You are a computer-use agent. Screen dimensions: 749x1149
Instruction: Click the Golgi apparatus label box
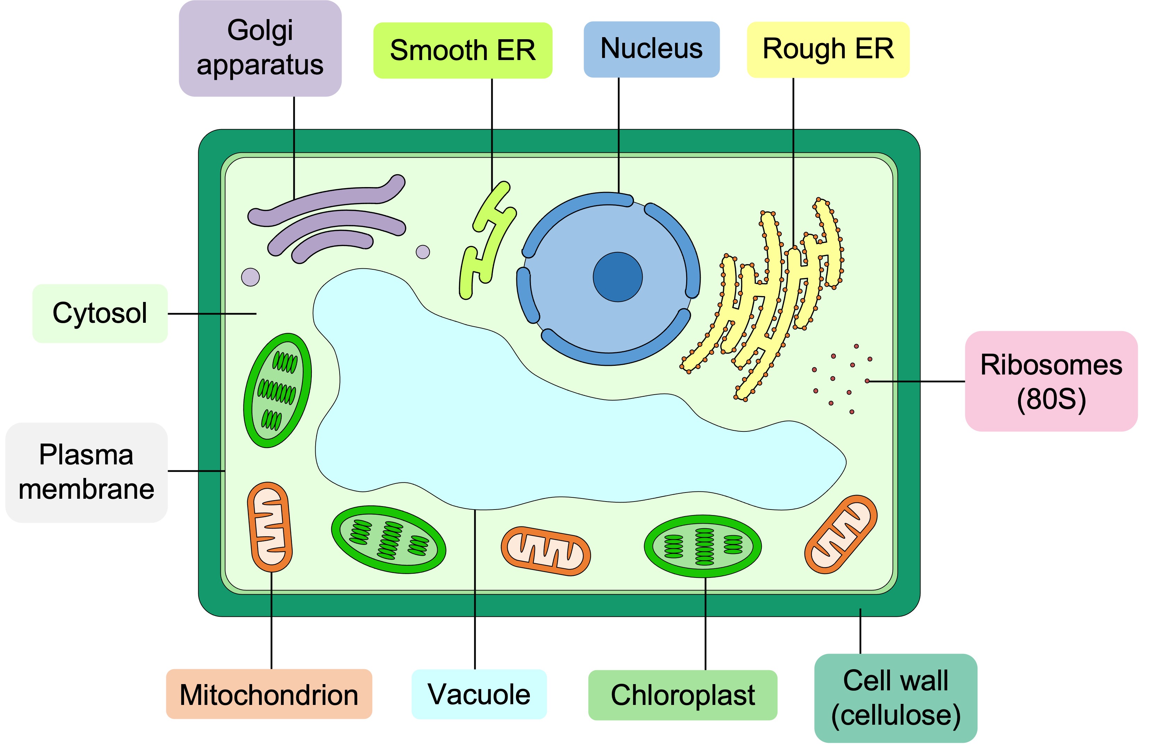(x=260, y=48)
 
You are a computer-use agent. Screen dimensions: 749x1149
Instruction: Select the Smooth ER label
(x=462, y=50)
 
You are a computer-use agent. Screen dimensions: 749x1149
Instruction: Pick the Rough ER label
(x=827, y=49)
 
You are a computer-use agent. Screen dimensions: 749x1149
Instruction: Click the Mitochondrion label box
(x=268, y=694)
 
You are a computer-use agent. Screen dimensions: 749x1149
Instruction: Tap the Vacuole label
(x=478, y=694)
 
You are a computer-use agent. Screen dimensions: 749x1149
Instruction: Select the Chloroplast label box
(x=682, y=695)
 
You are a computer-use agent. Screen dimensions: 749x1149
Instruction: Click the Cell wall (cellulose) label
(x=895, y=698)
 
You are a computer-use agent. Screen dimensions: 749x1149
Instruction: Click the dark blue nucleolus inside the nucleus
(x=617, y=277)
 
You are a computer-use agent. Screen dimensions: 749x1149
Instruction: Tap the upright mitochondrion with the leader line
(x=269, y=527)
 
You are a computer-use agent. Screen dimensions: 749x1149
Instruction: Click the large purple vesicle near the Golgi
(x=250, y=277)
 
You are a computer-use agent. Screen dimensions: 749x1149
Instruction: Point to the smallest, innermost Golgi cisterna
(x=333, y=245)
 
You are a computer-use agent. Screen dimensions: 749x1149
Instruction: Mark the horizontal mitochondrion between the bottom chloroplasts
(x=546, y=551)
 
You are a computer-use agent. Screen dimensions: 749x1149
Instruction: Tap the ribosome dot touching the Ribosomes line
(x=867, y=381)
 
